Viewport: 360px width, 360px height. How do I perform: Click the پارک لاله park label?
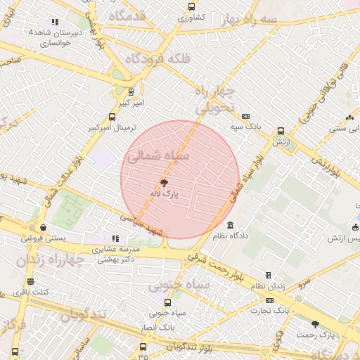coord(161,191)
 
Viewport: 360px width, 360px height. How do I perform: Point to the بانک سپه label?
coord(245,127)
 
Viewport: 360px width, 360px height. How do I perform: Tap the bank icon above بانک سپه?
coord(245,117)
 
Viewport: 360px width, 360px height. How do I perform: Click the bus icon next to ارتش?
coord(281,131)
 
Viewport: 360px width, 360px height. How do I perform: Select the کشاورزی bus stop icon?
coord(192,6)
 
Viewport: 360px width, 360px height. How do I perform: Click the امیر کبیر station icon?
coord(131,91)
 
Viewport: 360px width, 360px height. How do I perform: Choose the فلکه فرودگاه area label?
coord(157,59)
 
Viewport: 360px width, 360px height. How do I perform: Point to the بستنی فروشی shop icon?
coord(44,227)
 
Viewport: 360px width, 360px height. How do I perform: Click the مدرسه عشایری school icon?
coord(116,239)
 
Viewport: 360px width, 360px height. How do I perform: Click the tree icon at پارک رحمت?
coord(314,324)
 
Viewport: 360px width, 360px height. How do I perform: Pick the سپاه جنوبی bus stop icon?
coord(167,303)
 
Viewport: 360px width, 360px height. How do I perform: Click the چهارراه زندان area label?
coord(48,260)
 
